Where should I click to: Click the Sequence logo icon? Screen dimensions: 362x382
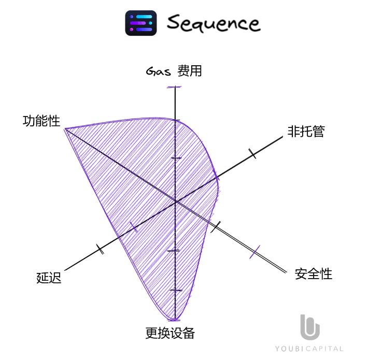click(141, 23)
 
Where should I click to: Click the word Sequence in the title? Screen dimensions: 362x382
click(213, 23)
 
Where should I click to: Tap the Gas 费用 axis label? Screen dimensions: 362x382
click(174, 71)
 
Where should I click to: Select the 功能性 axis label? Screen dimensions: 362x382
click(41, 121)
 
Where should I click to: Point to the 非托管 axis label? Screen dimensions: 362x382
click(306, 132)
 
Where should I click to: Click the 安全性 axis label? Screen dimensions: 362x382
click(314, 274)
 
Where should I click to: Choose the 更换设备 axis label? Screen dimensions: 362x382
click(170, 334)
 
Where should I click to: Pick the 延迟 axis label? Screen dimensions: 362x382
click(49, 278)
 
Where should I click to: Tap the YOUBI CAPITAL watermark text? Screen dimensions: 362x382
click(309, 349)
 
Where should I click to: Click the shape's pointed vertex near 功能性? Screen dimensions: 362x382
click(65, 128)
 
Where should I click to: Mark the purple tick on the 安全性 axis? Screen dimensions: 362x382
click(254, 252)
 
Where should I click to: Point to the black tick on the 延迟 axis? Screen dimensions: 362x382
click(100, 249)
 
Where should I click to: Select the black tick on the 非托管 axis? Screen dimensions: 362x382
click(252, 153)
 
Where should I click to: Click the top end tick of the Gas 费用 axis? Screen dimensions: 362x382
click(176, 87)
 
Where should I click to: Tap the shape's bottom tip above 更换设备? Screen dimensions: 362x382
click(175, 319)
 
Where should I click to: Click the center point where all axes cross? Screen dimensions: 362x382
click(176, 201)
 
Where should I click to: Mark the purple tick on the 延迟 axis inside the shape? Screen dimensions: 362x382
click(134, 227)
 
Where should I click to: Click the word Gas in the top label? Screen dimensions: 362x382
click(159, 71)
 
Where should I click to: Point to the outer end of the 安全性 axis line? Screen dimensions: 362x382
click(286, 271)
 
